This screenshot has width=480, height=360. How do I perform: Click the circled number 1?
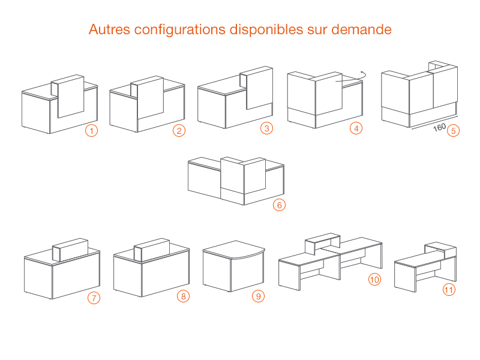pos(91,131)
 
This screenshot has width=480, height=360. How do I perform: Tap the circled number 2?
pos(179,131)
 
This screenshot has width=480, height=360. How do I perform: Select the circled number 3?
pos(266,128)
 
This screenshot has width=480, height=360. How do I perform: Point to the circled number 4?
pos(356,128)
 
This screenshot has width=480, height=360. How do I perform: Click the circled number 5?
pos(454,131)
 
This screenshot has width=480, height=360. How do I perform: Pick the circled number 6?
pos(279,205)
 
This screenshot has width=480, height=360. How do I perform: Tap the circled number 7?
pos(94,298)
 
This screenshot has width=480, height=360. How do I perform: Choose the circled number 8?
pos(184,296)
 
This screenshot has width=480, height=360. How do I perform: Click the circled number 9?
pos(259,296)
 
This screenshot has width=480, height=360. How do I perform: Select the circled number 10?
pos(374,279)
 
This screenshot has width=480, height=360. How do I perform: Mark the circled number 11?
pos(449,290)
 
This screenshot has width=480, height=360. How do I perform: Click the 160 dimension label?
pos(439,127)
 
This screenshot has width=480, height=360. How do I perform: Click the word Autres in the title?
pos(109,29)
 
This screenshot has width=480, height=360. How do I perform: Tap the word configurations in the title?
pos(179,30)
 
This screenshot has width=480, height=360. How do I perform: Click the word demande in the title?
pos(361,29)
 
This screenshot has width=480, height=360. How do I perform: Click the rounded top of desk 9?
pos(234,250)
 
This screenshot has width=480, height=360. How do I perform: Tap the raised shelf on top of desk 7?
pos(70,250)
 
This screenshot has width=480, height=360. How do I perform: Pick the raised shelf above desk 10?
pos(323,244)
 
